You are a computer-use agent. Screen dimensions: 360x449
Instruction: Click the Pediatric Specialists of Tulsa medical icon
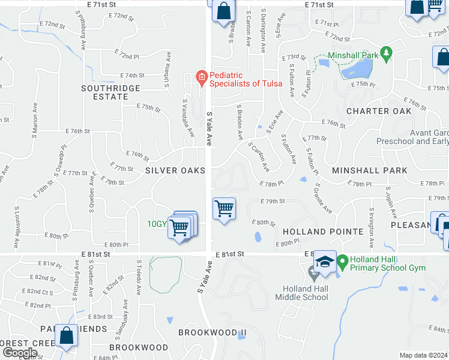[202, 76]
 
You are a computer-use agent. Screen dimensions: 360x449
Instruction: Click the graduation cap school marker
[325, 262]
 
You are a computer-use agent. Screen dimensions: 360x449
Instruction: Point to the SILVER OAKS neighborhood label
[175, 171]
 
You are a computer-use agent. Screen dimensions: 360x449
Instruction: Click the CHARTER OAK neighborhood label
[379, 111]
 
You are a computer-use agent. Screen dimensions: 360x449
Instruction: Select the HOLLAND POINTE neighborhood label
[323, 232]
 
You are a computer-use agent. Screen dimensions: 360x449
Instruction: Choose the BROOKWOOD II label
[212, 332]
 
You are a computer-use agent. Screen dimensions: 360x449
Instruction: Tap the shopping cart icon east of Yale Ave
[224, 209]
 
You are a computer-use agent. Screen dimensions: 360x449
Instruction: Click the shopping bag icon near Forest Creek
[66, 336]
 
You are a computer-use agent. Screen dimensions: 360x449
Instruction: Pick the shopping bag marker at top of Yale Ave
[223, 11]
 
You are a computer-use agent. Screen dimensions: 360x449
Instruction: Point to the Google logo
[19, 353]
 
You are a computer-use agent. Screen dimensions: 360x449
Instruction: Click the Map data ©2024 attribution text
[424, 355]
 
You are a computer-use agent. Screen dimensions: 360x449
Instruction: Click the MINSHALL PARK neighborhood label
[369, 171]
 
